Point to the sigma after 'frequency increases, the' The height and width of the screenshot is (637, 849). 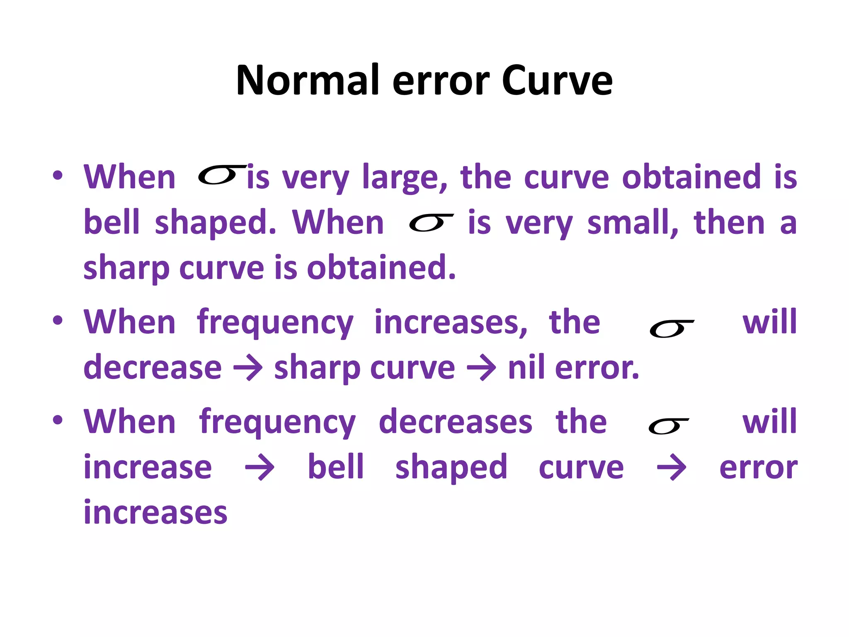(x=671, y=329)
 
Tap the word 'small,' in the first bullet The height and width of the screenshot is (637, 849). (x=633, y=223)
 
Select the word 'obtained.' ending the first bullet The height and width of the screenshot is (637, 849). (x=381, y=268)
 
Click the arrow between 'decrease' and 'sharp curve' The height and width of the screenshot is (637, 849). (x=248, y=367)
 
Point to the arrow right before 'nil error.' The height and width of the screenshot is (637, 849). (x=481, y=367)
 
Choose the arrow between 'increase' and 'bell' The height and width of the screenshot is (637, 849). (x=260, y=467)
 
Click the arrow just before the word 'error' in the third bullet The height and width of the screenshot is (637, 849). (x=672, y=467)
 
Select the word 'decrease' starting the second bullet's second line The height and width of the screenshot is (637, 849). (x=153, y=367)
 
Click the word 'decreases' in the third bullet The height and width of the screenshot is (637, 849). (x=455, y=422)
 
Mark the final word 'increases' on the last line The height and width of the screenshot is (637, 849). (x=155, y=513)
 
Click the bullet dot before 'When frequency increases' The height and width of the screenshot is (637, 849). (x=58, y=321)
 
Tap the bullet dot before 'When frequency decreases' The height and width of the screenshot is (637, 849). (x=58, y=420)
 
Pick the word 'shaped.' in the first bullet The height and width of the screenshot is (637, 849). (x=215, y=223)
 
